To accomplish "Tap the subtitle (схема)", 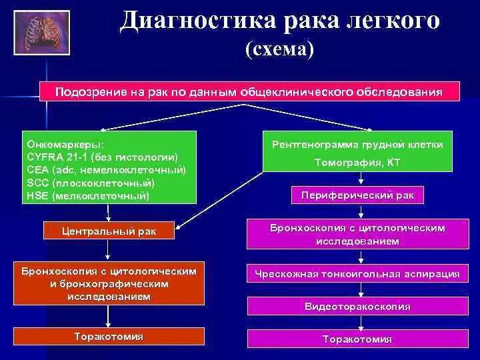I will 279,49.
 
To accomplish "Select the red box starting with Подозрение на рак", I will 249,91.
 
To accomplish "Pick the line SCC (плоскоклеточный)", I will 91,183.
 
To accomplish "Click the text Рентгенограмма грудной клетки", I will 357,145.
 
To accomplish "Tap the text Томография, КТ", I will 357,161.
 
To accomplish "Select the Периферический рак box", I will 357,195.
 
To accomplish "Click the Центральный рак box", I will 109,231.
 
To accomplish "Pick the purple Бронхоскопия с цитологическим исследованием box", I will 357,234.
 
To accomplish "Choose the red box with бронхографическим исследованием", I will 109,284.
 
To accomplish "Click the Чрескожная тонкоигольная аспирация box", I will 357,273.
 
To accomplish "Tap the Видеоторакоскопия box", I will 357,306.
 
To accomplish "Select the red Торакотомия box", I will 109,337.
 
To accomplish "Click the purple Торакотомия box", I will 357,339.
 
